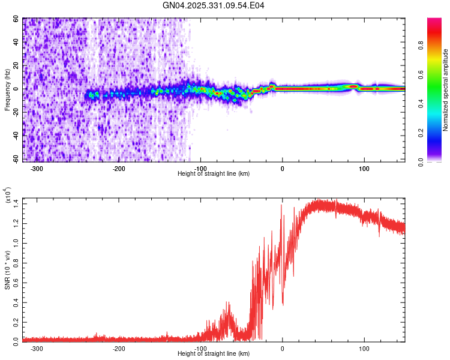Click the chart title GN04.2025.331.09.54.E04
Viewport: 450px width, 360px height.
pyautogui.click(x=214, y=5)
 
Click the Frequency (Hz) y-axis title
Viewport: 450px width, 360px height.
pyautogui.click(x=7, y=90)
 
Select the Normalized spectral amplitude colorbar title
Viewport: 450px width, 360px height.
pyautogui.click(x=446, y=90)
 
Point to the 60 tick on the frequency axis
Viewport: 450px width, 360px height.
pyautogui.click(x=16, y=19)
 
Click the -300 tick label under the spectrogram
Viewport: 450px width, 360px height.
pyautogui.click(x=37, y=169)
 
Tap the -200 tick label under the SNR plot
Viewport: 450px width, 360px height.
pyautogui.click(x=119, y=348)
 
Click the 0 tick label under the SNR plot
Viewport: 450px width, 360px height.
pyautogui.click(x=283, y=348)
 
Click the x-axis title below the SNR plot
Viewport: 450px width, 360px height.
pyautogui.click(x=214, y=353)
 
